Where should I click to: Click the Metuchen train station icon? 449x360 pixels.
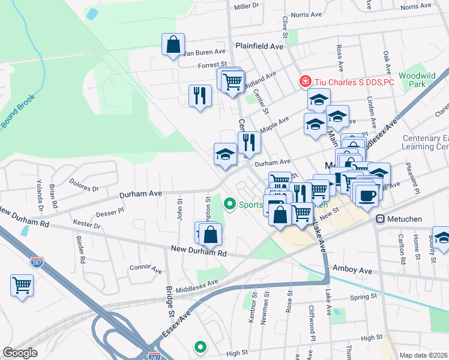point(380,219)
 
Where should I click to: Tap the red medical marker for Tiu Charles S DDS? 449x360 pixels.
point(306,82)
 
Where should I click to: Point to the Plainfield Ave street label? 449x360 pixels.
point(259,46)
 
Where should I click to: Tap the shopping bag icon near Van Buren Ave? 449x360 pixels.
point(173,45)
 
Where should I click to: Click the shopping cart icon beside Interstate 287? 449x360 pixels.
point(22,286)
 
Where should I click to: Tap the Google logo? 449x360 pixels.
point(20,353)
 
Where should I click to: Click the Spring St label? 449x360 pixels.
point(364,296)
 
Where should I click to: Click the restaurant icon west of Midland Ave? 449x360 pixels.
point(200,95)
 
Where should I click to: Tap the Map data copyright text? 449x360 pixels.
point(424,355)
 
